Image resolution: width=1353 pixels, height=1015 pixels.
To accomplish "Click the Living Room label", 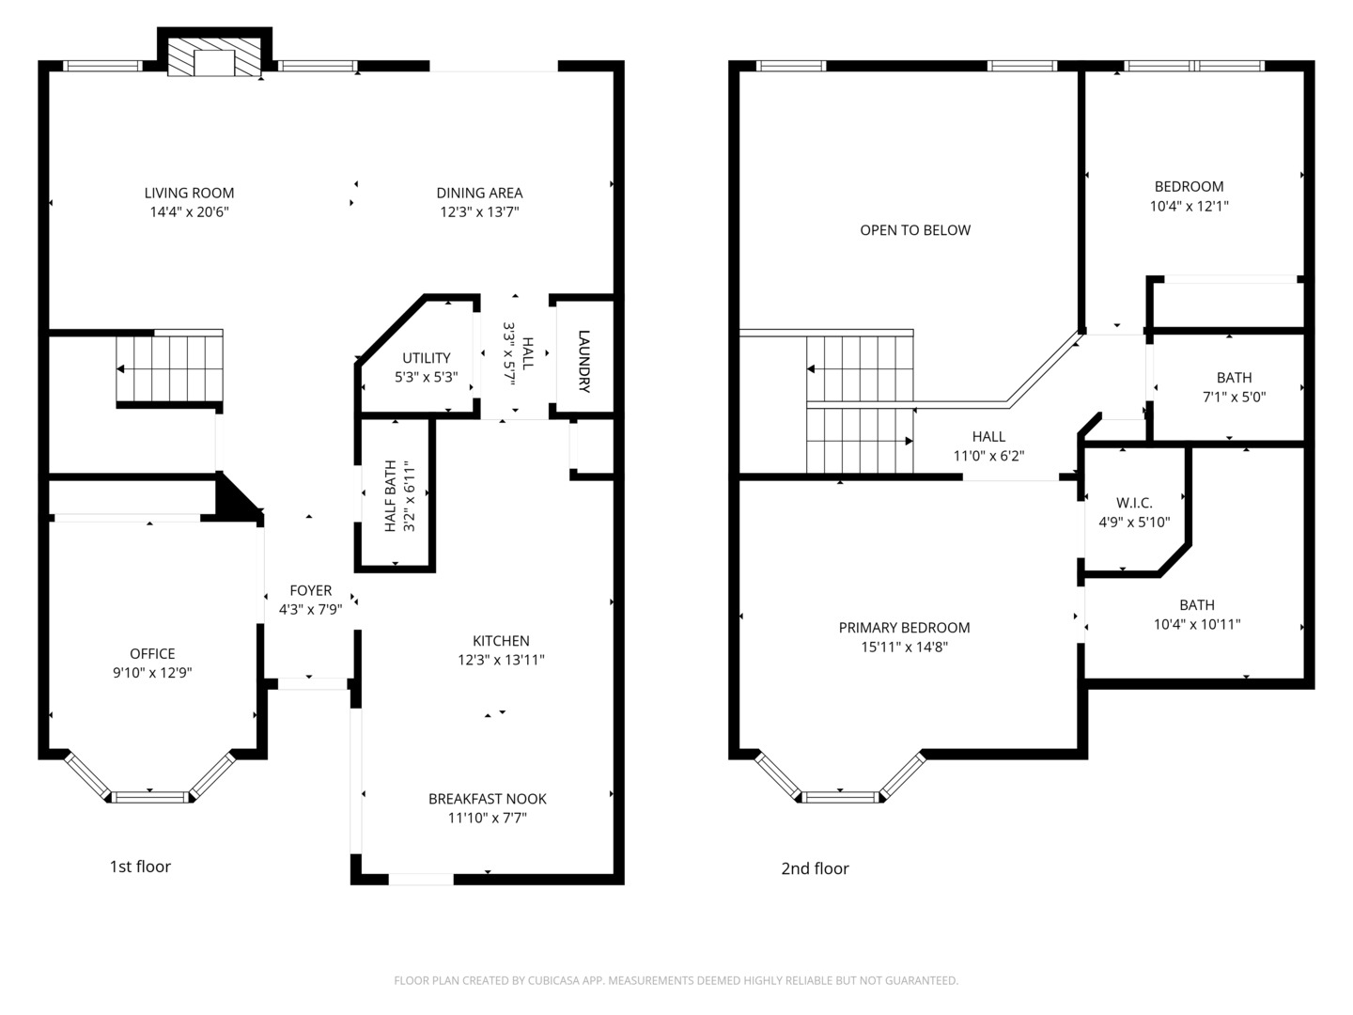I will (x=189, y=193).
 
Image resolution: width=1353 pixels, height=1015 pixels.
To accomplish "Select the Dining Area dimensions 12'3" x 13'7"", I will (x=479, y=212).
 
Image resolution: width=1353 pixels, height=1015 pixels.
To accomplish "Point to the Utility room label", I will (x=426, y=358).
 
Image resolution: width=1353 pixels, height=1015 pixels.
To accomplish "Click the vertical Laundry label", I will (x=583, y=361).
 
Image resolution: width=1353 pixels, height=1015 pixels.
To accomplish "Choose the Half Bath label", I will (x=391, y=496).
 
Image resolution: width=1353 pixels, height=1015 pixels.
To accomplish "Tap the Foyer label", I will (x=310, y=590).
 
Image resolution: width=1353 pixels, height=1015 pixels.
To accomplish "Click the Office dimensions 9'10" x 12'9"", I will (x=152, y=673).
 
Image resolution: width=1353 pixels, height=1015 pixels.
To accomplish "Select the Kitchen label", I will (x=501, y=641).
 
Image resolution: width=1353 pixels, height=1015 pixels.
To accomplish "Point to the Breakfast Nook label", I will (x=487, y=799).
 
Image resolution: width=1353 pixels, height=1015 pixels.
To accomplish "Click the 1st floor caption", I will (x=140, y=867).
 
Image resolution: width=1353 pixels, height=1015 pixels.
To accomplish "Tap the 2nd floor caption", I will (x=815, y=868).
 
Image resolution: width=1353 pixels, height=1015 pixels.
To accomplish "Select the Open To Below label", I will (x=915, y=230).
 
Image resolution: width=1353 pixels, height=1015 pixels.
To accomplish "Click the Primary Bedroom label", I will (x=904, y=628).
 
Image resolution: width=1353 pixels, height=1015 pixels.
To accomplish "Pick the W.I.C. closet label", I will (x=1134, y=504).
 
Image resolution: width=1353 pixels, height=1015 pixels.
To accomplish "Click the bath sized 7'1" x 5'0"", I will (x=1234, y=387).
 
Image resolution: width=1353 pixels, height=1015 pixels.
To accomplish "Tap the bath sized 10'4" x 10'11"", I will (x=1197, y=615).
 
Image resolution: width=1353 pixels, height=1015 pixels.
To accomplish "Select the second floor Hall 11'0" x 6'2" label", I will (x=988, y=446).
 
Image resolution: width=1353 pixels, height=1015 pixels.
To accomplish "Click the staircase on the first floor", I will (x=170, y=367).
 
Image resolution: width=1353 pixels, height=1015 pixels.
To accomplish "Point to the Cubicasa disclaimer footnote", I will (x=676, y=980).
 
